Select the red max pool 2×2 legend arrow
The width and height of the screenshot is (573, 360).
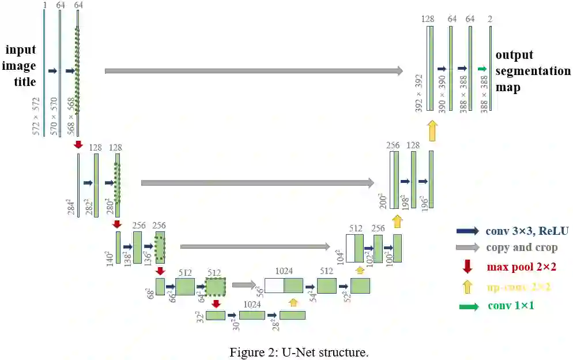[467, 267]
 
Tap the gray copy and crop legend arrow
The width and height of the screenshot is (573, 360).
[467, 248]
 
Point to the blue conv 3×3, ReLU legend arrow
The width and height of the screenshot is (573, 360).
[467, 231]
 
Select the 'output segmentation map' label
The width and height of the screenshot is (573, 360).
[532, 72]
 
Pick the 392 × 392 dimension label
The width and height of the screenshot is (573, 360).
[420, 92]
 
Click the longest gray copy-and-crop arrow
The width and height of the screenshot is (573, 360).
[254, 71]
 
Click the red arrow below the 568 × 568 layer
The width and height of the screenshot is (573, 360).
[78, 144]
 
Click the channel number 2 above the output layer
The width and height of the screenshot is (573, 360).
[490, 20]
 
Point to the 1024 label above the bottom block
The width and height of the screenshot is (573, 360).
[252, 304]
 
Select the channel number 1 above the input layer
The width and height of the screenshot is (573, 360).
[44, 5]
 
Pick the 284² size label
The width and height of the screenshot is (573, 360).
[71, 206]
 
